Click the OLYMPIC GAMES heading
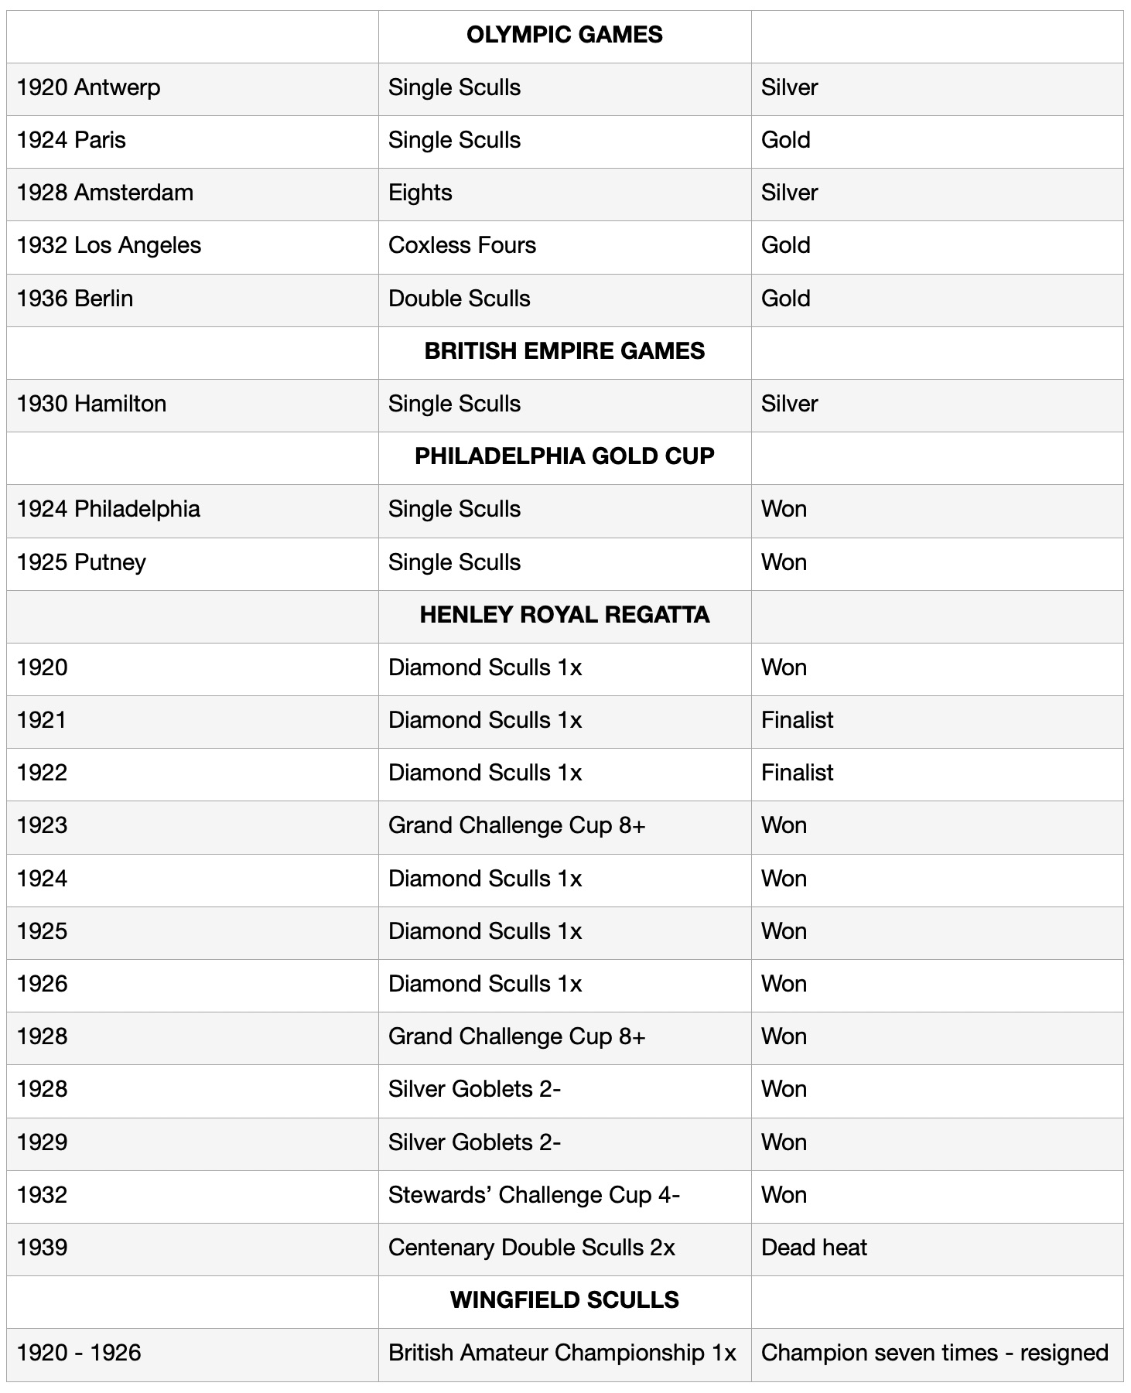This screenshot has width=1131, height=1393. (564, 36)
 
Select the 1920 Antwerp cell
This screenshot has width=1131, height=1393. (89, 88)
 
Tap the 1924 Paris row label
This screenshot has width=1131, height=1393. (71, 141)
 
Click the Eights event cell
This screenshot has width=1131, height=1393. (420, 193)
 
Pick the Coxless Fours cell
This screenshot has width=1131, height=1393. (462, 246)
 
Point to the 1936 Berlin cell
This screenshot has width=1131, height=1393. (75, 299)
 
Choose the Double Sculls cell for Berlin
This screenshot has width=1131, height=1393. (459, 299)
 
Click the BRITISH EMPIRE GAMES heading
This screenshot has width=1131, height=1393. (564, 352)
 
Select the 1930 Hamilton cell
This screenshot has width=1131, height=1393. (91, 405)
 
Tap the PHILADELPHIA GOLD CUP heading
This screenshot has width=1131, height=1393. (564, 457)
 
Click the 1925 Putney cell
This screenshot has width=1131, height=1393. (81, 563)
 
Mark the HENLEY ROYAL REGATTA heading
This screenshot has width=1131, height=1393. (564, 616)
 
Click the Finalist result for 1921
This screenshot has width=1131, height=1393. (797, 721)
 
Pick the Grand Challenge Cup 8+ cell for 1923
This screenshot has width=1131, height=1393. (516, 826)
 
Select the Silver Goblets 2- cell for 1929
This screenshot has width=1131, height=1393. (474, 1143)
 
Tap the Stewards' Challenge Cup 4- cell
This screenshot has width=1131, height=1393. (534, 1196)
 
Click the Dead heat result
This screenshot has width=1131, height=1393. (814, 1248)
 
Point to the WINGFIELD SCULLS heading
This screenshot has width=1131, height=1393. (564, 1301)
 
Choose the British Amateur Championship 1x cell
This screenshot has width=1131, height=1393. (562, 1354)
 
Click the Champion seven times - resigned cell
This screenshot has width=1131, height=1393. (935, 1354)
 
